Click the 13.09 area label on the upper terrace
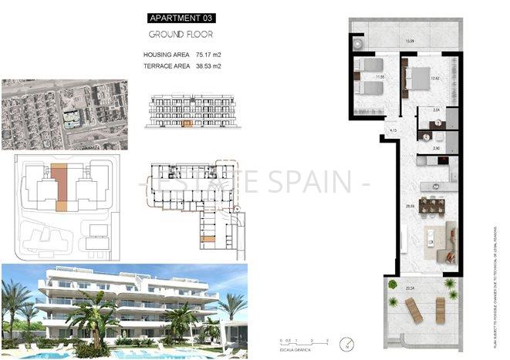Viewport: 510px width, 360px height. (412, 41)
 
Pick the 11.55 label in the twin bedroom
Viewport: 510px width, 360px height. (379, 77)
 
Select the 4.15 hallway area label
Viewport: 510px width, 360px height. (393, 130)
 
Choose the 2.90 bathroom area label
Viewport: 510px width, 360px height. (436, 147)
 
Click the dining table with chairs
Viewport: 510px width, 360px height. (431, 204)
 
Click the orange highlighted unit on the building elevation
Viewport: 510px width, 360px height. (184, 122)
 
